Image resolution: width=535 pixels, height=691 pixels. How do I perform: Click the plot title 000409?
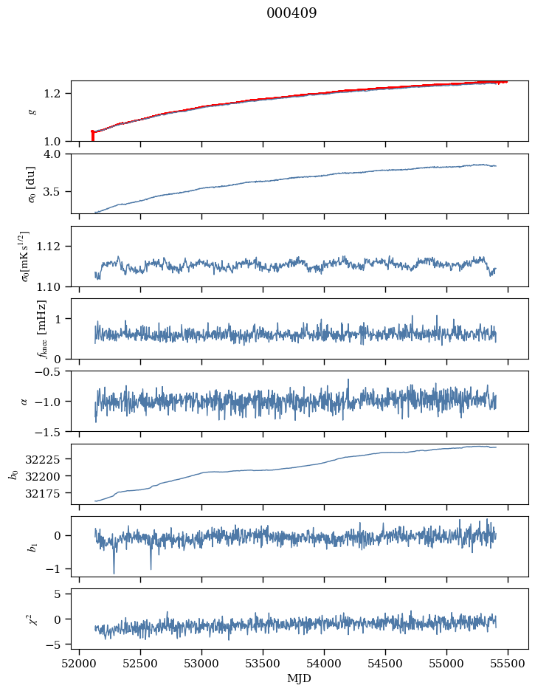pos(291,13)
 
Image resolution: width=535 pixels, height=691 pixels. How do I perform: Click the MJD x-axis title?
pos(299,678)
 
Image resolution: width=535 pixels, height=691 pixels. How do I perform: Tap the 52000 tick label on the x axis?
pos(80,662)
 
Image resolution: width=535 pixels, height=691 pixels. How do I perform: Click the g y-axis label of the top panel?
pos(32,111)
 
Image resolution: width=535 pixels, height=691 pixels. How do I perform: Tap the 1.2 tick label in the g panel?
pos(57,94)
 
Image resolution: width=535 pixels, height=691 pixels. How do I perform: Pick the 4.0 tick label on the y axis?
pos(57,154)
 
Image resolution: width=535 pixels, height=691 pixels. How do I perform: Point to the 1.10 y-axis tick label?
pos(54,286)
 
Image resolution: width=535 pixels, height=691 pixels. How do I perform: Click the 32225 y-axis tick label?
pos(48,459)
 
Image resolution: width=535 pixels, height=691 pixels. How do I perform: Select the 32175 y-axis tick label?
pos(48,492)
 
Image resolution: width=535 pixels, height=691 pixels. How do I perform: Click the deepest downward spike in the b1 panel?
pos(114,572)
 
